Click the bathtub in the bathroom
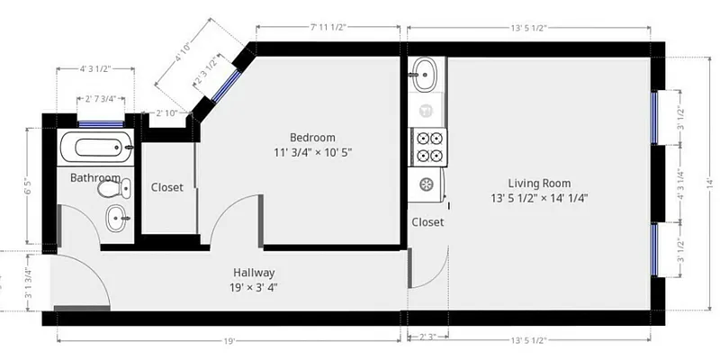[95, 147]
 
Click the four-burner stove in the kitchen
[428, 147]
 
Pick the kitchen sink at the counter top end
[425, 74]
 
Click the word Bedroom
[312, 137]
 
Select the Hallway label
[254, 273]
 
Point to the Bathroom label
[94, 178]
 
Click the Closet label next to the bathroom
[166, 188]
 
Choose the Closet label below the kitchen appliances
[427, 222]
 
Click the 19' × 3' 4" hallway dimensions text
[254, 288]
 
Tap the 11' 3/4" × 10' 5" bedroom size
[312, 152]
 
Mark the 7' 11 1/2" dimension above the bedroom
[328, 28]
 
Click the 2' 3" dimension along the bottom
[427, 338]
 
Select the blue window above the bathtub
[101, 124]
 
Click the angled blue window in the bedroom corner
[226, 85]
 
